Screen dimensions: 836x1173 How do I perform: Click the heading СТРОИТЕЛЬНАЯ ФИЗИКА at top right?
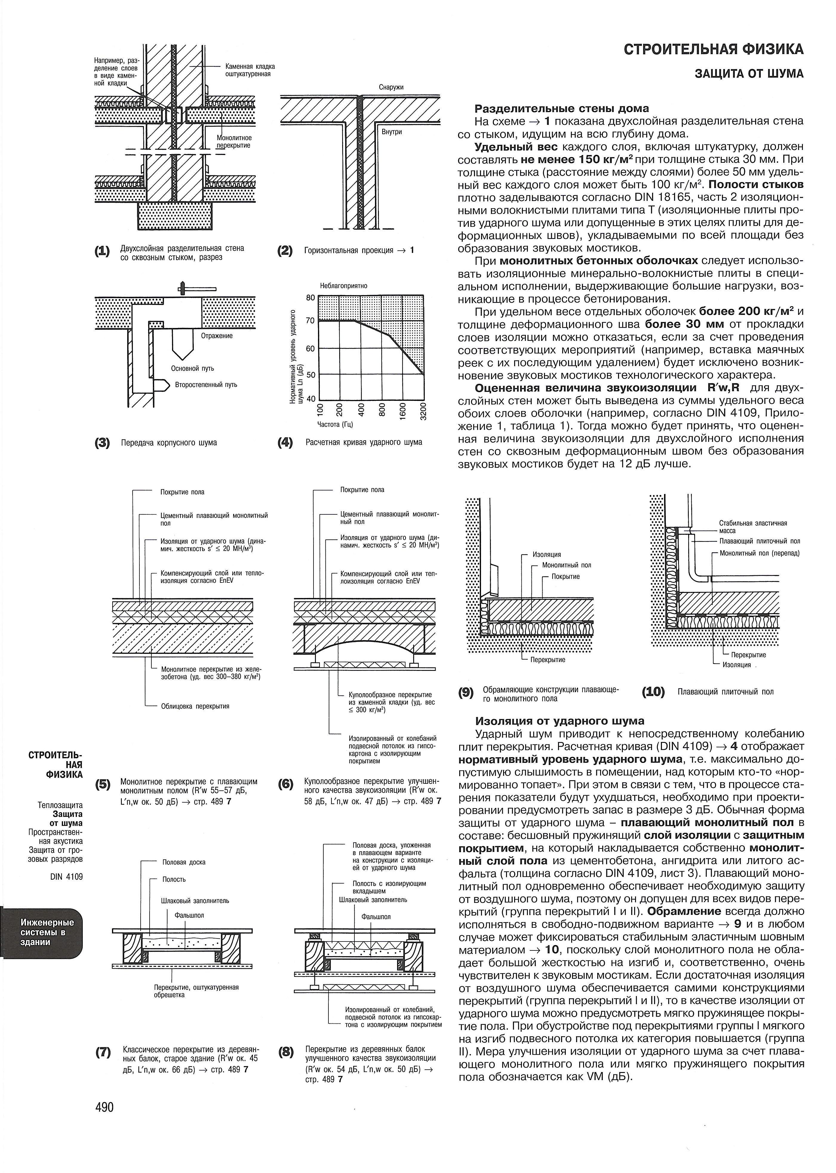click(x=714, y=49)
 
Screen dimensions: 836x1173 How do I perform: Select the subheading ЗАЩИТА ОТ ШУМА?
click(x=749, y=74)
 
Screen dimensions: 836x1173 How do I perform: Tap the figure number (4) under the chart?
click(x=285, y=442)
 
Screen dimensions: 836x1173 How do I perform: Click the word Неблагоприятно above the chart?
click(x=343, y=286)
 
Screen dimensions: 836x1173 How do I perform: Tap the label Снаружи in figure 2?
click(x=391, y=88)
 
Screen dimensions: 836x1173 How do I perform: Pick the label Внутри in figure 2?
click(x=392, y=132)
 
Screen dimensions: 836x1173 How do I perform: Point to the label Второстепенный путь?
click(x=206, y=385)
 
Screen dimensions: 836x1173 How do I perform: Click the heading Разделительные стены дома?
click(x=562, y=109)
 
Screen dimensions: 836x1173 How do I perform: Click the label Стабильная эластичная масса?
click(x=753, y=527)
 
